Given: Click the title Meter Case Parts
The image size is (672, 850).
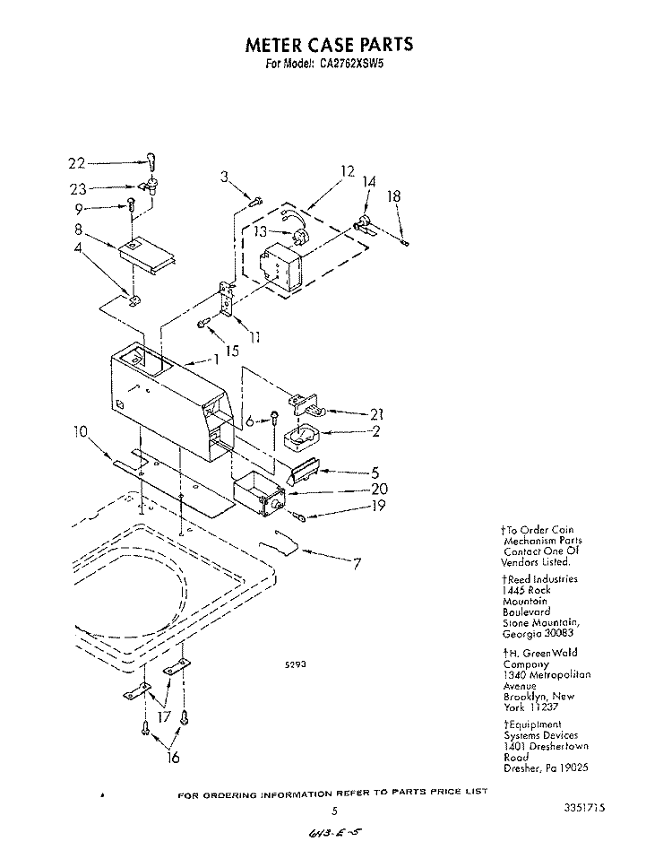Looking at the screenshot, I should pyautogui.click(x=329, y=44).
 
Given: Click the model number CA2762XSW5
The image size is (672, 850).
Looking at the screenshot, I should pyautogui.click(x=357, y=64).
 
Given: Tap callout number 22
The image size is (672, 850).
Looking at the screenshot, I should pyautogui.click(x=77, y=163).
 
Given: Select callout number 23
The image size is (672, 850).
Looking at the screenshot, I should pyautogui.click(x=77, y=189).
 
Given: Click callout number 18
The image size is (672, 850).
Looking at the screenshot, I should pyautogui.click(x=392, y=196).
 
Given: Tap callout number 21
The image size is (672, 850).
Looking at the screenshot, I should pyautogui.click(x=377, y=413).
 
